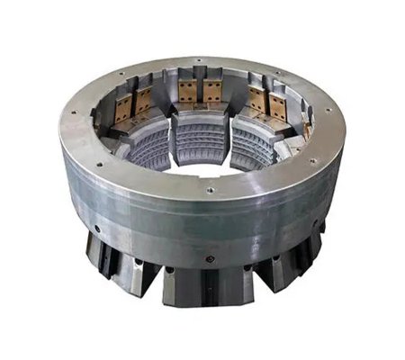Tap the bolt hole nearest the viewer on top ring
coord(209,191)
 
